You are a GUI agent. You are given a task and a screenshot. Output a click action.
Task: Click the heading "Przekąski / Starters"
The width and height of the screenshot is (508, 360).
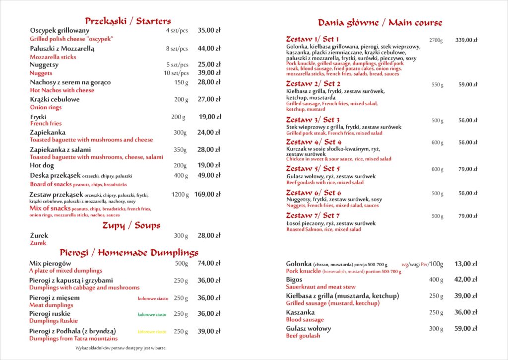pyautogui.click(x=127, y=21)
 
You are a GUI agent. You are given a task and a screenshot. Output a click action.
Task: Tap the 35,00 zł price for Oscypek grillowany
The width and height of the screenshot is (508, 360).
pyautogui.click(x=209, y=30)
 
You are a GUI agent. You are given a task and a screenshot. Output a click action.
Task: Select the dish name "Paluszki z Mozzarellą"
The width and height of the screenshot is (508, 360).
pyautogui.click(x=62, y=49)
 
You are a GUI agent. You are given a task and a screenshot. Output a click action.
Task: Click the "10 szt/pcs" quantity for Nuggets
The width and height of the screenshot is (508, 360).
pyautogui.click(x=176, y=73)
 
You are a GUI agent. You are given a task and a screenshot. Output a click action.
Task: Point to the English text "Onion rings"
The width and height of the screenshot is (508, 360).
pyautogui.click(x=46, y=107)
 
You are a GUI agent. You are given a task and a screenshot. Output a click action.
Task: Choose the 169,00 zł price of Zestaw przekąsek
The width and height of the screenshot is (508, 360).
pyautogui.click(x=207, y=195)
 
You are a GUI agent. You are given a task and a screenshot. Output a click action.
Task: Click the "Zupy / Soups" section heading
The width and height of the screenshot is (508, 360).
pyautogui.click(x=131, y=225)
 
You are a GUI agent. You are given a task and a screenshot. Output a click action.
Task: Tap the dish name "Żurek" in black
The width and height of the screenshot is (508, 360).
pyautogui.click(x=39, y=235)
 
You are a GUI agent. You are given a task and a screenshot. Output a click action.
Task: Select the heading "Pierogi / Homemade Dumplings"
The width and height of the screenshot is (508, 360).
pyautogui.click(x=129, y=252)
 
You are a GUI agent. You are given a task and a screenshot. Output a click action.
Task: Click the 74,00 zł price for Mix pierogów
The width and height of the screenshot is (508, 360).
pyautogui.click(x=209, y=263)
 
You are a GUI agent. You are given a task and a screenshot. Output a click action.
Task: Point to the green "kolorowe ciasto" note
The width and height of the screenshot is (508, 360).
pyautogui.click(x=152, y=314)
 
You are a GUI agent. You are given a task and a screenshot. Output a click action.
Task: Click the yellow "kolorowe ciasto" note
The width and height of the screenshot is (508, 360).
pyautogui.click(x=152, y=332)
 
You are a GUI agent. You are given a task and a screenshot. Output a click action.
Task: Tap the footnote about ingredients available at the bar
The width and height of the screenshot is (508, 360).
pyautogui.click(x=121, y=348)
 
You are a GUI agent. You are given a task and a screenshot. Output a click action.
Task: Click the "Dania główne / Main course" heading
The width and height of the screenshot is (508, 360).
pyautogui.click(x=380, y=23)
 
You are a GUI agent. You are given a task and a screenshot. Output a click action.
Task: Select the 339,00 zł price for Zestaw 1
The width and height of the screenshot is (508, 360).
pyautogui.click(x=466, y=40)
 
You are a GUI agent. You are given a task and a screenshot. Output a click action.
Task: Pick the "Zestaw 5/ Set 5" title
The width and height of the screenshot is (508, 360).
pyautogui.click(x=313, y=169)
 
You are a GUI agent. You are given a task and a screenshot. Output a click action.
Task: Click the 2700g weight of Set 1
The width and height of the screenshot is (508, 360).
pyautogui.click(x=436, y=40)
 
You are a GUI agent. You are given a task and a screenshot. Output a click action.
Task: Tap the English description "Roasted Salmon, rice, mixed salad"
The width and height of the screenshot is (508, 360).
pyautogui.click(x=323, y=229)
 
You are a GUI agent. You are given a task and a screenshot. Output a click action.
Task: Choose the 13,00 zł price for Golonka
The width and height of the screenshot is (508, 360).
pyautogui.click(x=466, y=264)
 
